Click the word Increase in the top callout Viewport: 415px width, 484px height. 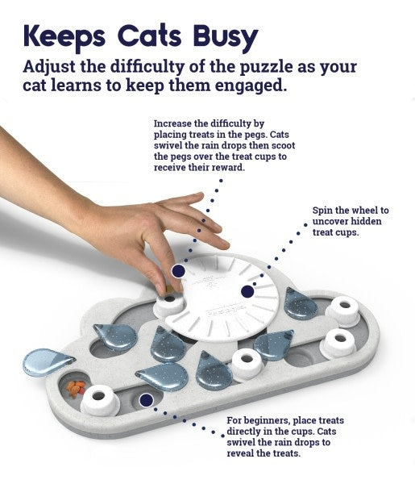pos(172,124)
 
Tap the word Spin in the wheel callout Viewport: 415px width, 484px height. pos(323,210)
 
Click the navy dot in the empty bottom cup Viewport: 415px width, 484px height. pos(147,398)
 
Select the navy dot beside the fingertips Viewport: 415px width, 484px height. pos(178,271)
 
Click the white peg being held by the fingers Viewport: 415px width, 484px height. pos(169,305)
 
